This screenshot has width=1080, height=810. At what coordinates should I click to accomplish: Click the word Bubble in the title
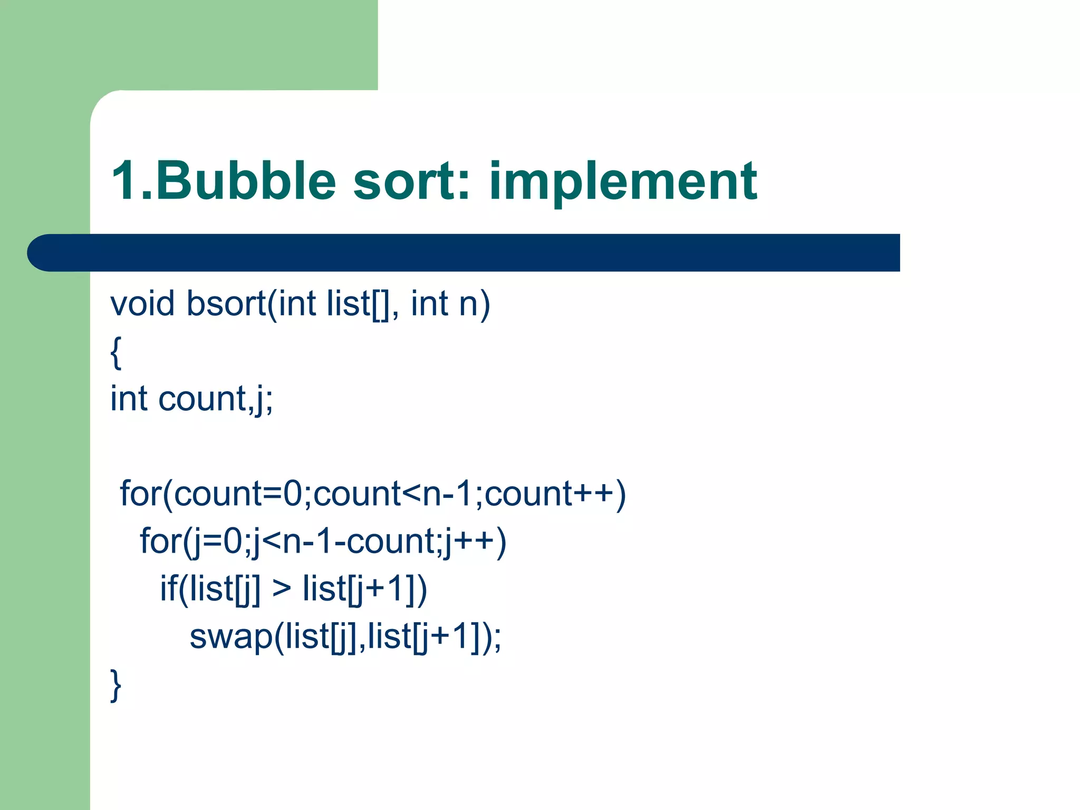[x=246, y=181]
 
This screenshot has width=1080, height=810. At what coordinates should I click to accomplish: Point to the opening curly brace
[x=116, y=352]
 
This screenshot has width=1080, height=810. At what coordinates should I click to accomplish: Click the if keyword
[x=168, y=589]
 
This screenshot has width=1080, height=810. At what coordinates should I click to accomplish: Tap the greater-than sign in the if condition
[x=281, y=589]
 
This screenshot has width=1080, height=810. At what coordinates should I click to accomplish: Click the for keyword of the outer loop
[x=140, y=494]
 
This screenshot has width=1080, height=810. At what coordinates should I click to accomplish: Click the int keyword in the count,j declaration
[x=129, y=399]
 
